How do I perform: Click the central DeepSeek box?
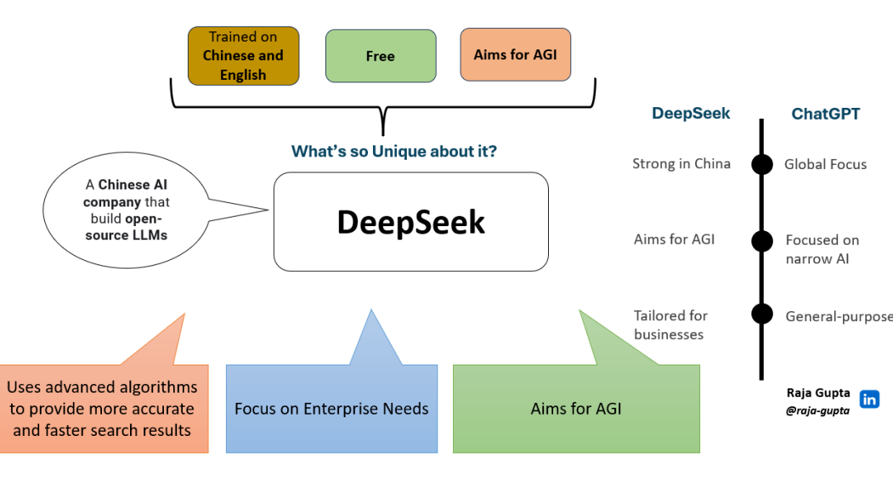click(x=410, y=222)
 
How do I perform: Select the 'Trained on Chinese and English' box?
click(x=243, y=56)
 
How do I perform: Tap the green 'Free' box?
click(x=380, y=56)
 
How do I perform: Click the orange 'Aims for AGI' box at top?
click(x=515, y=54)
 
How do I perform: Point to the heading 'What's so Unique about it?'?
click(x=393, y=151)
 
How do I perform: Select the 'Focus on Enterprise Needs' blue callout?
click(x=331, y=409)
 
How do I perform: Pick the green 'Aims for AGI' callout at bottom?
click(x=576, y=409)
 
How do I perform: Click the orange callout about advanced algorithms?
click(x=103, y=409)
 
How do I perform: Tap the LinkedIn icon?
click(x=869, y=399)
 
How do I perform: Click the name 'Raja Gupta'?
click(x=818, y=393)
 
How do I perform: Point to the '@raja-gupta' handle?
click(x=817, y=410)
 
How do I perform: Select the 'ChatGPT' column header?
click(x=825, y=114)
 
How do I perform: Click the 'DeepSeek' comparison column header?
click(x=691, y=114)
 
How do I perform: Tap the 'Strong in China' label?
click(x=681, y=164)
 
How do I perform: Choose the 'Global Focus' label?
click(x=825, y=164)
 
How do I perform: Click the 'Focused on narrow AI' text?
click(x=822, y=249)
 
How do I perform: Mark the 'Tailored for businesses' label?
click(x=670, y=325)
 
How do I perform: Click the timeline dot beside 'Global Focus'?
click(x=762, y=164)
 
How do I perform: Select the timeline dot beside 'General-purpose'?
click(x=762, y=314)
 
